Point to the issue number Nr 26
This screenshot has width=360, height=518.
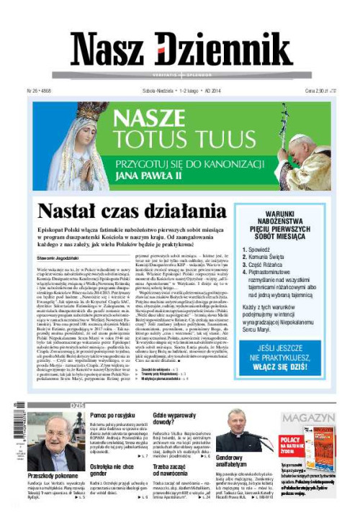(x=37, y=91)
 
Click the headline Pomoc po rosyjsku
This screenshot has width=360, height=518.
(x=114, y=416)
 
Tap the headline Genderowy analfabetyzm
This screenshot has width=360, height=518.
(x=237, y=461)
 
